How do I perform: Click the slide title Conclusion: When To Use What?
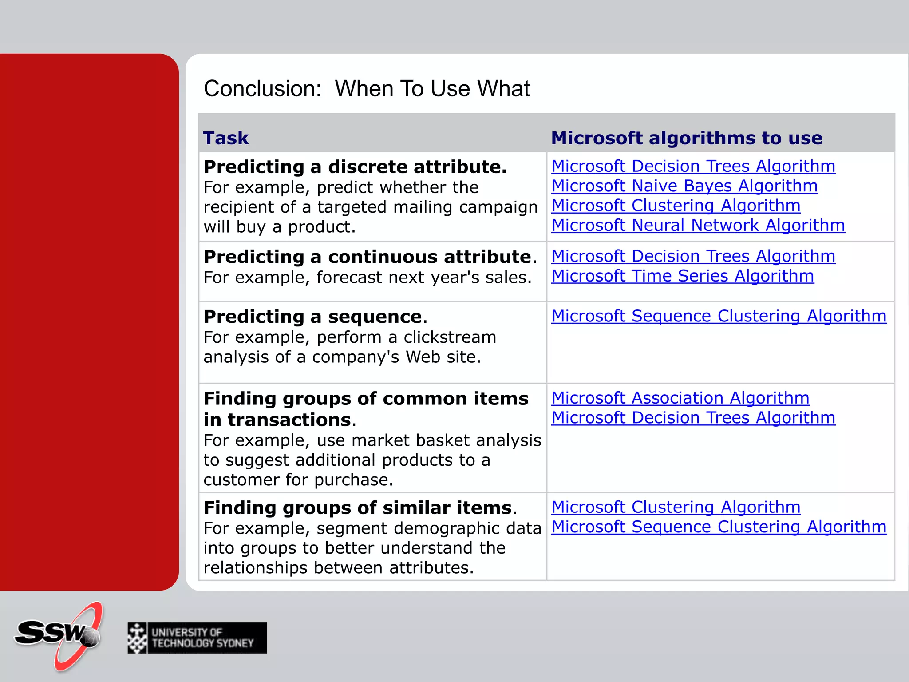pos(366,88)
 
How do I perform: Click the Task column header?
pos(225,138)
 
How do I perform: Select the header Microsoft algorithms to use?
pos(686,138)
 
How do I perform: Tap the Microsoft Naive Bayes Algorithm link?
pos(684,186)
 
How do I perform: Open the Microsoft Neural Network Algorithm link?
pos(698,226)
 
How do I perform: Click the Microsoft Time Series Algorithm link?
pos(682,276)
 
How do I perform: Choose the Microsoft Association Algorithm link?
pos(680,398)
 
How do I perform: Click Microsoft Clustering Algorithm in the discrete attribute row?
pos(676,206)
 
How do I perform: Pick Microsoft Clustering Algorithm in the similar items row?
pos(676,507)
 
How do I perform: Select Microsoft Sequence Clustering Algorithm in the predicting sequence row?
pos(719,316)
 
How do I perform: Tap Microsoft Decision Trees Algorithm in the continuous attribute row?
pos(693,256)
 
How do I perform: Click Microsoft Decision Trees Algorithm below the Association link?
pos(693,418)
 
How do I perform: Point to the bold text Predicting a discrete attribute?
pos(355,167)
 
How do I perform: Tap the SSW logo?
pos(60,635)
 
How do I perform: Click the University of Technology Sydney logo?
pos(197,638)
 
